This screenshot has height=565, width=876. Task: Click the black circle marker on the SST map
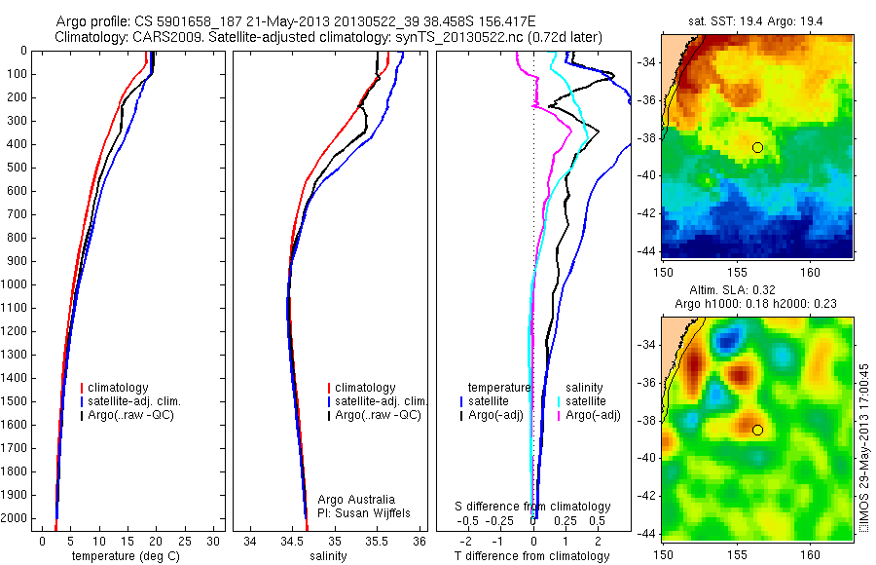point(757,148)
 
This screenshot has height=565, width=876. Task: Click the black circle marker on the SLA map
point(757,431)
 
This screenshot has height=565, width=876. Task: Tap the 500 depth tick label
point(16,168)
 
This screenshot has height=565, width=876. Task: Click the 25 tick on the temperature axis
point(184,542)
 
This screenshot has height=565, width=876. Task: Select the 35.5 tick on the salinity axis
point(376,542)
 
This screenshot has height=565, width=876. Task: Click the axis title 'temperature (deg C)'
point(126,556)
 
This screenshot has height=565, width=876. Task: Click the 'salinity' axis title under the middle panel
point(328,556)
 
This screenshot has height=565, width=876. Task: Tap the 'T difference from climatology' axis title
point(531,556)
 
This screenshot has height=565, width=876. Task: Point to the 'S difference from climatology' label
point(532,507)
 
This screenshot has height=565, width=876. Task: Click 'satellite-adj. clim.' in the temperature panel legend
point(134,401)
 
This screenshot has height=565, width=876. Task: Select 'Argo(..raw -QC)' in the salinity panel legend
point(378,415)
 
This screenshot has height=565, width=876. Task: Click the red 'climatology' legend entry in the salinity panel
point(365,387)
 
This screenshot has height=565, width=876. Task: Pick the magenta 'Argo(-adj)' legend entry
point(593,415)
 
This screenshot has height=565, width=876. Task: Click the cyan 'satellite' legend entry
point(586,401)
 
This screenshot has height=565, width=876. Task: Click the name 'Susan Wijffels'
point(372,513)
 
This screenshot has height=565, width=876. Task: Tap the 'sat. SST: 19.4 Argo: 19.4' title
point(755,21)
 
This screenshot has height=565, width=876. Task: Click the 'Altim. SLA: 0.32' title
point(732,289)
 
